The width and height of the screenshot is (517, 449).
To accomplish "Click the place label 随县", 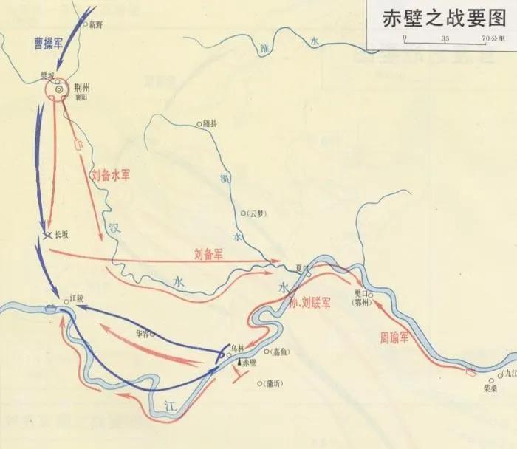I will click(210, 123).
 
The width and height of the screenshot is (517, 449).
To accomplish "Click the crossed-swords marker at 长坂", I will click(48, 235).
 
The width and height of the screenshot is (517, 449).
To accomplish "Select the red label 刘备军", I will click(208, 253).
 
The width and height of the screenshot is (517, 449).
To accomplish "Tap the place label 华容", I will click(143, 332).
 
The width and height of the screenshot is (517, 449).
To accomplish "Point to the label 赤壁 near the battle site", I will click(251, 363).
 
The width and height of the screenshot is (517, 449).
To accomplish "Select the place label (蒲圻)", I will click(271, 383).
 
